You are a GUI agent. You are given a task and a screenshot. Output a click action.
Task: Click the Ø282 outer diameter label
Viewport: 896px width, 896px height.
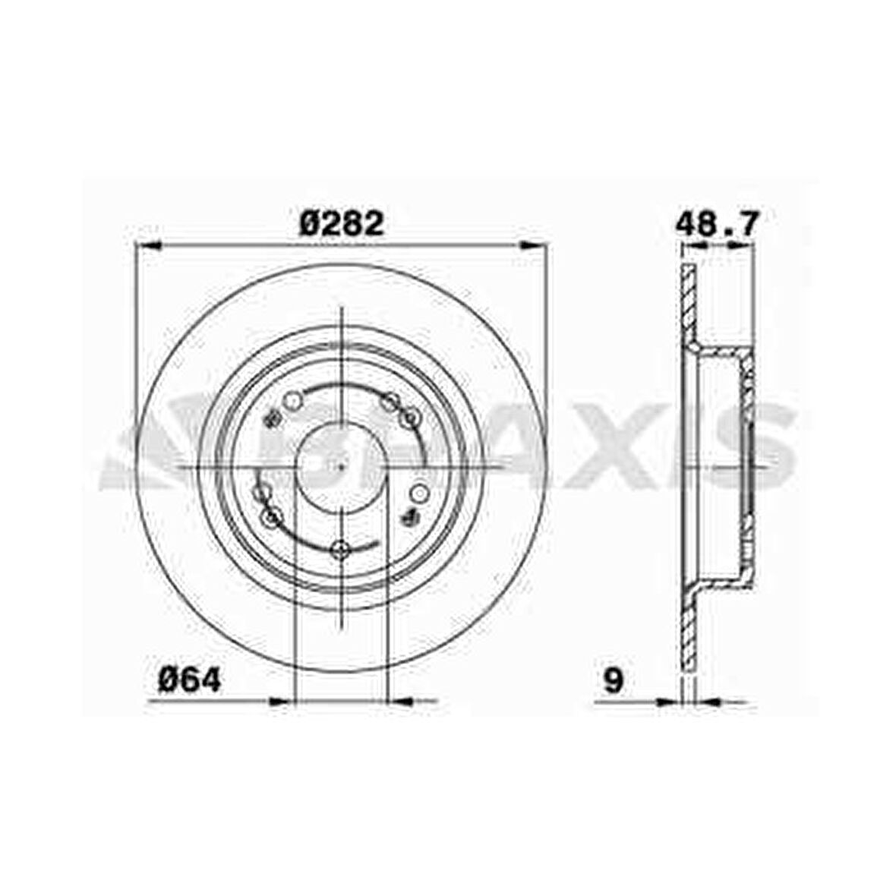coord(341,224)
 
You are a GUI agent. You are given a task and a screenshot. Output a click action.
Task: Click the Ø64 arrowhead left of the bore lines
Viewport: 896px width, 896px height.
coord(279,699)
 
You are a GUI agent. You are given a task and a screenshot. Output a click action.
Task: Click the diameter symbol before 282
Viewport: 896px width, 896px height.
coord(311,224)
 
